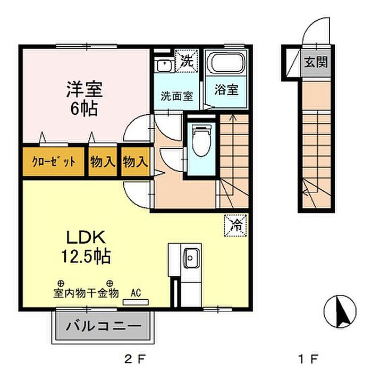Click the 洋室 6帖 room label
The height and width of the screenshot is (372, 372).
point(84,98)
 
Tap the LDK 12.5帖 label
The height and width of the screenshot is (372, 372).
point(88,247)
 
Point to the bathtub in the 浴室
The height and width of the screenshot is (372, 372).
point(227,64)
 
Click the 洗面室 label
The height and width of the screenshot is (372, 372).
point(177,97)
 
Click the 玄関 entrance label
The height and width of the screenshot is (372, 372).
point(315,62)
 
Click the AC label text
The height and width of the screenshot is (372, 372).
point(136,292)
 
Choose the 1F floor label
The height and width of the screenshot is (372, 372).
point(314,357)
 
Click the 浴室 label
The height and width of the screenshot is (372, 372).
point(227,90)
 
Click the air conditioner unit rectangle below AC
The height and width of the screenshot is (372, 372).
point(136,302)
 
